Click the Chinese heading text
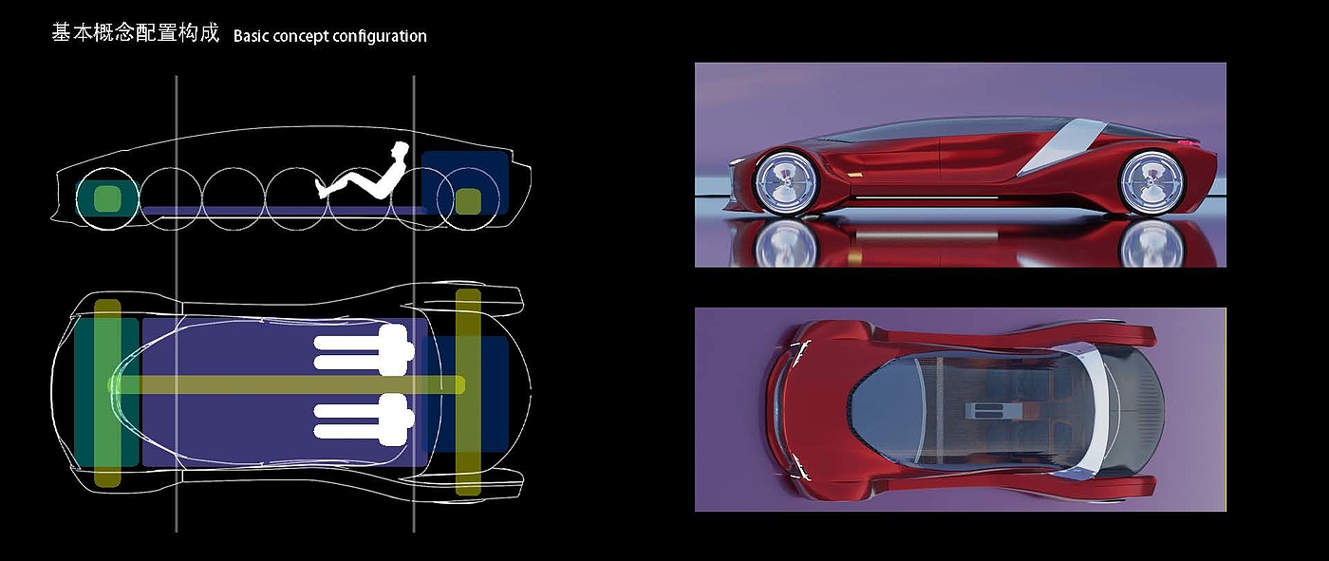coord(135,34)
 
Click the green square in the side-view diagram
coord(106,199)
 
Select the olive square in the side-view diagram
coord(467,201)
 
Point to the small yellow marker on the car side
coord(857,177)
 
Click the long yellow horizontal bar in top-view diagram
coord(285,384)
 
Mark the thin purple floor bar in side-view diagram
coord(285,210)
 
